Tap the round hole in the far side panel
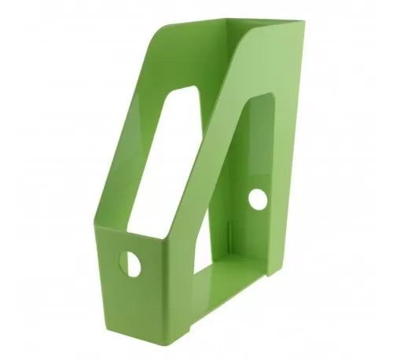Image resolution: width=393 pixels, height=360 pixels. point(258,200)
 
